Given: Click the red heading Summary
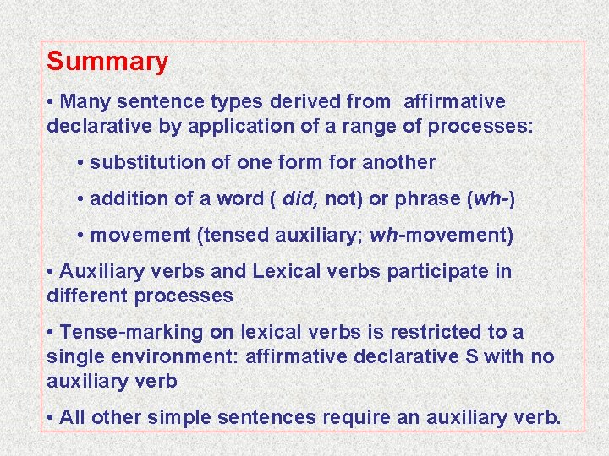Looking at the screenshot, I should click(x=107, y=62).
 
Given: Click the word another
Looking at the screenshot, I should click(x=398, y=162).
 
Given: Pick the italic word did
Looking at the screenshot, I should click(x=299, y=198).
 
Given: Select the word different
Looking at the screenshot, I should click(x=84, y=296).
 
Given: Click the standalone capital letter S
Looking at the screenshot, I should click(x=471, y=357).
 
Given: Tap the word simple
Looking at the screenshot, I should click(x=178, y=418).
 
